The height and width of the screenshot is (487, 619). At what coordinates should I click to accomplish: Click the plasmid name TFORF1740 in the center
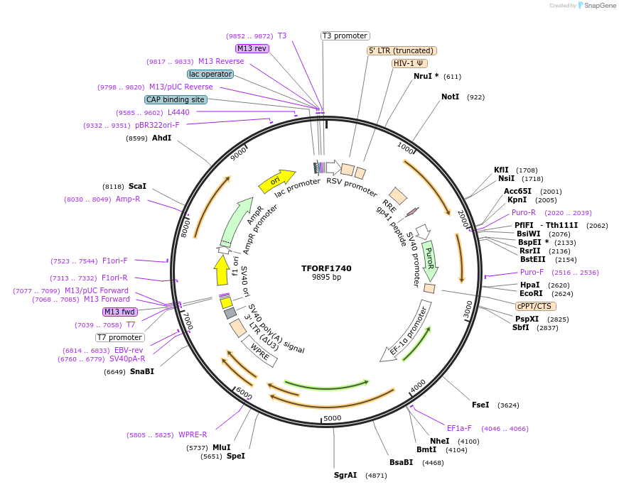click(x=326, y=268)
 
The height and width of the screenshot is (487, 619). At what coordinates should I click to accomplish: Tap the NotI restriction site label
click(x=450, y=97)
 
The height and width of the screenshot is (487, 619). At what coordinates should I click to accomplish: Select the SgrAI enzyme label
click(x=345, y=475)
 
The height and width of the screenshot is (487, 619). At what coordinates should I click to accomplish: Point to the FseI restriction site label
click(x=480, y=405)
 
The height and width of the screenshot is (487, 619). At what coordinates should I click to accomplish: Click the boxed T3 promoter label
click(x=345, y=35)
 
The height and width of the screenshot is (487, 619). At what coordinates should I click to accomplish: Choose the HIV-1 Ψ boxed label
click(x=410, y=63)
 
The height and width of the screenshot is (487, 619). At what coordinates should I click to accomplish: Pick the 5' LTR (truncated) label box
click(x=402, y=50)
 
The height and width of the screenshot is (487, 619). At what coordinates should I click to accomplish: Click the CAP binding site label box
click(x=176, y=100)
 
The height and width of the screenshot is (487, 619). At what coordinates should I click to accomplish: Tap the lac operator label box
click(x=210, y=74)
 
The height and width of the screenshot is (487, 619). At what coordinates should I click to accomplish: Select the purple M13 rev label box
click(x=252, y=48)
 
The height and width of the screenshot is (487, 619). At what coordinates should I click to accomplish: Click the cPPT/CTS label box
click(x=534, y=306)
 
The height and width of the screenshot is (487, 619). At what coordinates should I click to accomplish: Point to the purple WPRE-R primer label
click(x=193, y=434)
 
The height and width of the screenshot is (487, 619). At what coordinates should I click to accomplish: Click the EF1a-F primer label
click(x=459, y=428)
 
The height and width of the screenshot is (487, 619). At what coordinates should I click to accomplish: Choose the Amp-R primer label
click(x=128, y=199)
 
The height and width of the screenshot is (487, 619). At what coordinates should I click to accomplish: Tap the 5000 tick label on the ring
click(x=333, y=418)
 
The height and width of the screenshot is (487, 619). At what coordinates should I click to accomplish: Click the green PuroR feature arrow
click(x=429, y=259)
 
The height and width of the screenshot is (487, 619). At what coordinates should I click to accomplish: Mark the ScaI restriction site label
click(x=137, y=186)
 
